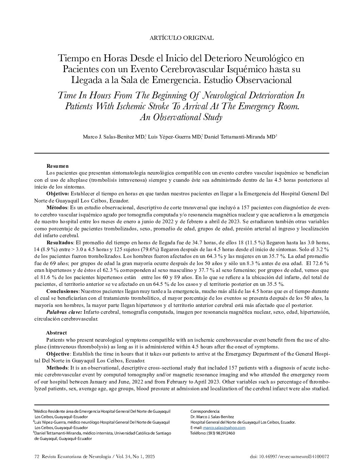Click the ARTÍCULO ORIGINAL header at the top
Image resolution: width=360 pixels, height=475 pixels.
coord(182,38)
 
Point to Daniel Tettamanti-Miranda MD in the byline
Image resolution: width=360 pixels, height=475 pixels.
coord(240,137)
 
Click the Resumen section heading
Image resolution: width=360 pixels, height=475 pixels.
coord(58,166)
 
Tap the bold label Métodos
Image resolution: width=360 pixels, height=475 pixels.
coord(57,207)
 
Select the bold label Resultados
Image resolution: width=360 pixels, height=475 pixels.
coord(60,243)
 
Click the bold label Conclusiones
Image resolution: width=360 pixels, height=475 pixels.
coord(62,291)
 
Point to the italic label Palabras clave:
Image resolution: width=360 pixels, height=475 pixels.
coord(64,312)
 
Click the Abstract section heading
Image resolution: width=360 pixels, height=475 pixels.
coord(56,333)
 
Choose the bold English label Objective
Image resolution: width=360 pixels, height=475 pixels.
coord(58,354)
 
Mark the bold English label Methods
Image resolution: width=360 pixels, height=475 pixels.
coord(57,368)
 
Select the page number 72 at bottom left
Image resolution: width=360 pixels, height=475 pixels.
coord(37,457)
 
